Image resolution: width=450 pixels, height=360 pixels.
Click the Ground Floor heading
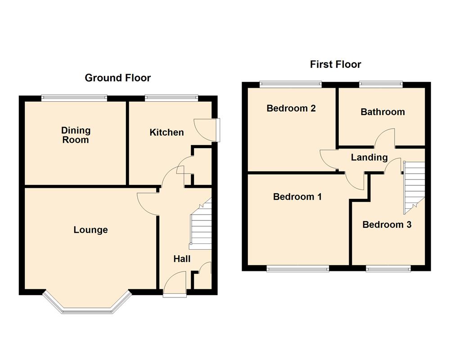tap(118, 78)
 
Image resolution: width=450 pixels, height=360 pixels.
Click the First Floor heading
tap(335, 64)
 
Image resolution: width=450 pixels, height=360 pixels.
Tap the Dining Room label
tap(76, 135)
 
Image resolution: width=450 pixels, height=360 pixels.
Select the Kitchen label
tap(166, 132)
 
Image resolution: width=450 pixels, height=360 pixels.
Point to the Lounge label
tap(91, 230)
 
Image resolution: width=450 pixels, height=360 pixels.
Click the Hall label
tap(182, 259)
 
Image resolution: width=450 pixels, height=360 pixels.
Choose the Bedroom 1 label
tap(297, 197)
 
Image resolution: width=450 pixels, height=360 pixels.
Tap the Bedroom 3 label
tap(387, 225)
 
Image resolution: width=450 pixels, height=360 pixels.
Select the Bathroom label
tap(382, 112)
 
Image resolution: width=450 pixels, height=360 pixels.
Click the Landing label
tap(369, 157)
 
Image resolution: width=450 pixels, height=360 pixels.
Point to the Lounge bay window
tap(87, 306)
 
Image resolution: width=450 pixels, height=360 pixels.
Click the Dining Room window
tap(74, 97)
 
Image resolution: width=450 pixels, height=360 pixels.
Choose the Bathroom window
tap(381, 83)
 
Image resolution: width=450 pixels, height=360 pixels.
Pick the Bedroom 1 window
tap(297, 269)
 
